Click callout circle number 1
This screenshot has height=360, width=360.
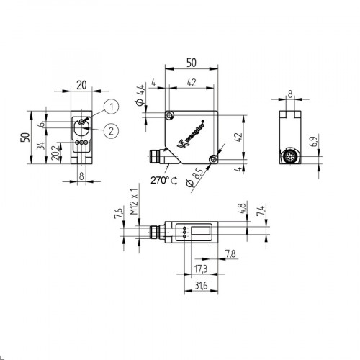click(110, 107)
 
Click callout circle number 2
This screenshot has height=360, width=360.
click(110, 130)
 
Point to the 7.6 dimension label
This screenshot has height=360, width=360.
click(117, 215)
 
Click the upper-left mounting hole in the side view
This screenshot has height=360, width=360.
click(169, 116)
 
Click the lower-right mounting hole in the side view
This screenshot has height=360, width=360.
click(213, 160)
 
